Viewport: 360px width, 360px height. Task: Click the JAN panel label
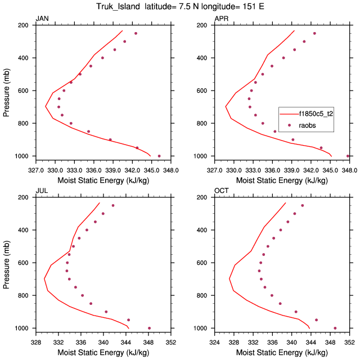42,19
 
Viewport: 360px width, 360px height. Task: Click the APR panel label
221,19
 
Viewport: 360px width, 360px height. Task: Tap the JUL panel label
41,191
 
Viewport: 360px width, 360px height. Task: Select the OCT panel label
221,191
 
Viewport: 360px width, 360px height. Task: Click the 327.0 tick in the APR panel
215,169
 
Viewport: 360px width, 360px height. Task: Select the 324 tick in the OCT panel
215,341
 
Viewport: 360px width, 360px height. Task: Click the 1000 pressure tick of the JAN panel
24,156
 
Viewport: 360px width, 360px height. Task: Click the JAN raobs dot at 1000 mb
159,156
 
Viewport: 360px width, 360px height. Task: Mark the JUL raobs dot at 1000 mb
149,328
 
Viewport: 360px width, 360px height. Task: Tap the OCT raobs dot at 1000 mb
335,328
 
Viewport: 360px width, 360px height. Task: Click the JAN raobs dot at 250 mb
136,34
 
